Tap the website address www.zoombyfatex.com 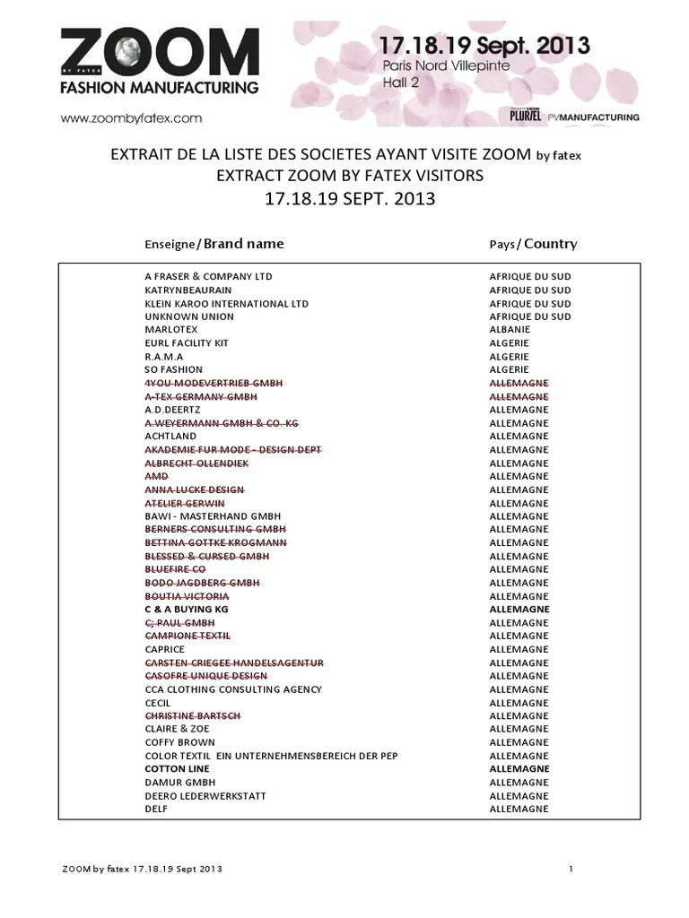click(x=130, y=117)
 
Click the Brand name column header click(x=214, y=244)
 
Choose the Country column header click(x=533, y=244)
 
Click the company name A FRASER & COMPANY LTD click(x=208, y=277)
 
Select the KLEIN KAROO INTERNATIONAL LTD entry click(x=226, y=304)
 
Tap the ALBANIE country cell click(x=509, y=330)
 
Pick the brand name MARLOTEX click(x=171, y=330)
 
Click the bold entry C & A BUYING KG click(x=187, y=610)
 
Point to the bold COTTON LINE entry click(x=178, y=769)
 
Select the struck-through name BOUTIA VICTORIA click(x=187, y=596)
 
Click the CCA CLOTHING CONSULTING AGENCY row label click(x=234, y=689)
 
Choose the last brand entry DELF click(x=156, y=810)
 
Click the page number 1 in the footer click(x=571, y=870)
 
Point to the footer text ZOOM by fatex click(x=141, y=870)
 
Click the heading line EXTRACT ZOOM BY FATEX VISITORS click(x=350, y=177)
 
